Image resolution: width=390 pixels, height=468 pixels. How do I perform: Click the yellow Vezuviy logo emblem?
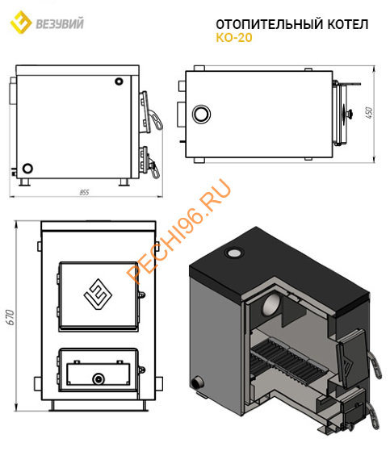pyautogui.click(x=21, y=22)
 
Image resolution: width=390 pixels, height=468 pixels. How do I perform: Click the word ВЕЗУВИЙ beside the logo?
pyautogui.click(x=60, y=24)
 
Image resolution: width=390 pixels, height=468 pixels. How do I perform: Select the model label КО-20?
pyautogui.click(x=234, y=38)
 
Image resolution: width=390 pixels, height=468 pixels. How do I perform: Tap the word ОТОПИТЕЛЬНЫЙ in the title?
pyautogui.click(x=270, y=24)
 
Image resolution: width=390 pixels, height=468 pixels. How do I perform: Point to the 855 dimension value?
pyautogui.click(x=84, y=193)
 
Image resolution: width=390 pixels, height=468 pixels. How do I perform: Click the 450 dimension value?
pyautogui.click(x=369, y=113)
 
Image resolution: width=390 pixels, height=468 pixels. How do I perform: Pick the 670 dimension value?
pyautogui.click(x=10, y=317)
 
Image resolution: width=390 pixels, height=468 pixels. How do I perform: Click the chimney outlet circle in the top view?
pyautogui.click(x=201, y=114)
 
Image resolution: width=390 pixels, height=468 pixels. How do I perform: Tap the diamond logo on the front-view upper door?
pyautogui.click(x=98, y=295)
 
